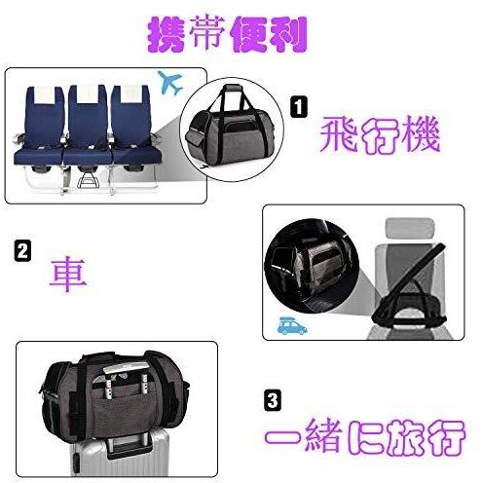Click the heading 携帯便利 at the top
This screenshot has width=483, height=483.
(x=226, y=34)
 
